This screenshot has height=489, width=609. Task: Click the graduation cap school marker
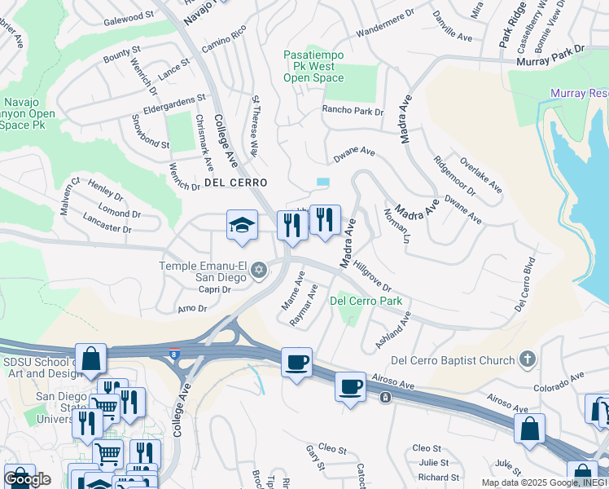tap(242, 226)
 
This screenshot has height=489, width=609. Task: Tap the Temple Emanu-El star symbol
tap(259, 270)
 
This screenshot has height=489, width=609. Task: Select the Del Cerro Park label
tap(366, 301)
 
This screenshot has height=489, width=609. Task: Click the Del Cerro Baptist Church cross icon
tap(528, 359)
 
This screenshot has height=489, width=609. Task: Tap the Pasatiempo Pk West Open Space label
tap(314, 66)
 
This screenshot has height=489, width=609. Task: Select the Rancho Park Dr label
tap(352, 110)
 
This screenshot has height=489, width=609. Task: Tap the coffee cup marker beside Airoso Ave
tap(351, 385)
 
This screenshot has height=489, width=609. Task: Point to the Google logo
tap(27, 479)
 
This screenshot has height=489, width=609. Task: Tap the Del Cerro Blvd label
tap(527, 286)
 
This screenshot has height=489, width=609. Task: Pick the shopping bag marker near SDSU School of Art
tap(92, 357)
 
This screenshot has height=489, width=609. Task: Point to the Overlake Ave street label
tap(481, 175)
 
